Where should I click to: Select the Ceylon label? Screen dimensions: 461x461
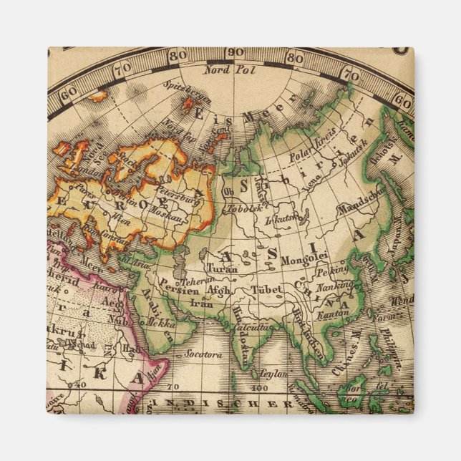pos(272,374)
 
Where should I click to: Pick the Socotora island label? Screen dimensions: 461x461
pos(199,354)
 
